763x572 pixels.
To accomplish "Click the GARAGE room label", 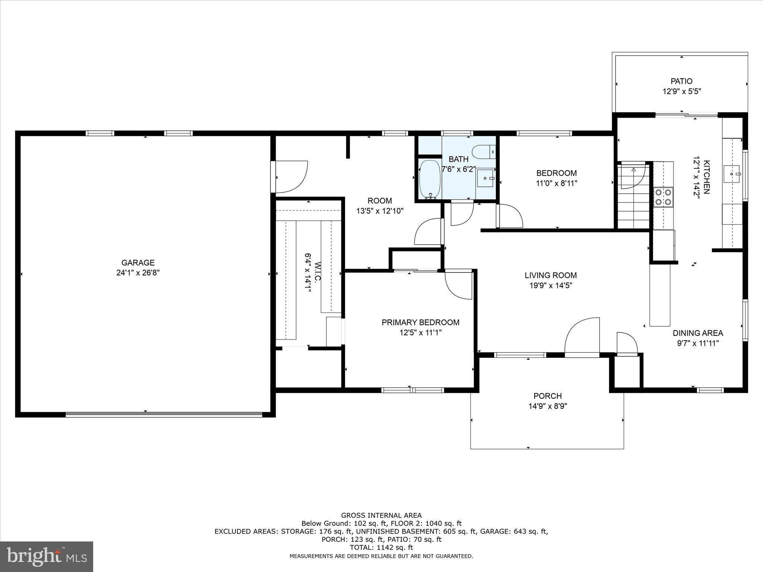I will (x=138, y=263).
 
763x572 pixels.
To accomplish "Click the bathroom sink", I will (x=485, y=178).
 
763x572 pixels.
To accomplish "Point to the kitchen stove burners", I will (x=663, y=197).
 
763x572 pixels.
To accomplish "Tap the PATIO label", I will (x=681, y=81).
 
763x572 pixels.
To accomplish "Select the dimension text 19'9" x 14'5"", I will (x=551, y=286).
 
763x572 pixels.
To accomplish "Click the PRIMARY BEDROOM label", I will (x=420, y=322).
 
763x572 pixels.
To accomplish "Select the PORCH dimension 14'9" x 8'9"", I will (x=547, y=406).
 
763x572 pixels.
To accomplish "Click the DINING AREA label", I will (x=697, y=333).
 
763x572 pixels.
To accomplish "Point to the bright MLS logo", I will (x=47, y=556).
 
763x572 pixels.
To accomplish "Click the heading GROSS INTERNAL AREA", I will (x=381, y=515).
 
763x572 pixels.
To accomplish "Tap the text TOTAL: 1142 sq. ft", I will (x=381, y=547).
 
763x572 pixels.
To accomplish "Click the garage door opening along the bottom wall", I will (x=164, y=414).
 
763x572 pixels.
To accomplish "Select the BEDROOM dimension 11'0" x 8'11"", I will (x=556, y=183).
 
